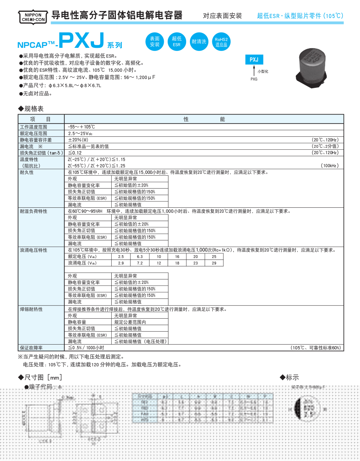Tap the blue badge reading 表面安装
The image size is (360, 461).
tap(155, 41)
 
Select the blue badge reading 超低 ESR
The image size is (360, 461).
tap(176, 41)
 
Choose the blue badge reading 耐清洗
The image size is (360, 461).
tap(199, 41)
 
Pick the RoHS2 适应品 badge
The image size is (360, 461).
tap(221, 41)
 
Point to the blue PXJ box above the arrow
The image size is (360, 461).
tap(254, 60)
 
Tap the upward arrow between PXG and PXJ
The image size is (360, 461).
tap(254, 70)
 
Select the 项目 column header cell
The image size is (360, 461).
tap(41, 119)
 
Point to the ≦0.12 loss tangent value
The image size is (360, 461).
tap(75, 152)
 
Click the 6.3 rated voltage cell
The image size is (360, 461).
tap(140, 256)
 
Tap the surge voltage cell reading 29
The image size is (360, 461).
tap(213, 263)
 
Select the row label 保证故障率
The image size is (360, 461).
tap(31, 348)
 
